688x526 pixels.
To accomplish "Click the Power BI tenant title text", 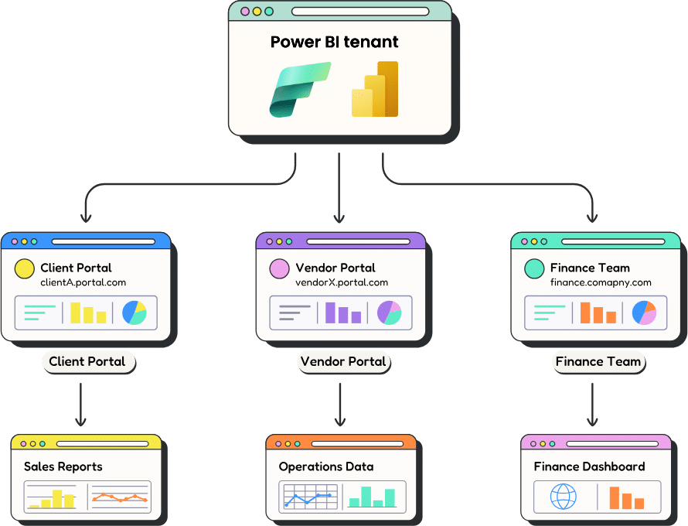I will pyautogui.click(x=334, y=42).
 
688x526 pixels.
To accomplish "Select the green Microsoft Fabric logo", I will pyautogui.click(x=299, y=90).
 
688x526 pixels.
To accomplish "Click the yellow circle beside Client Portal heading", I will pyautogui.click(x=24, y=268).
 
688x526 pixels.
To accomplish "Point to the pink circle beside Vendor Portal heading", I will pyautogui.click(x=279, y=268).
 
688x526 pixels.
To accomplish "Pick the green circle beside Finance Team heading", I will pyautogui.click(x=534, y=268).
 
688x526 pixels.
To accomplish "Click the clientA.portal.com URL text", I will pyautogui.click(x=83, y=283).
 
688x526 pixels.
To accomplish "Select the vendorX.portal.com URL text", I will pyautogui.click(x=342, y=283).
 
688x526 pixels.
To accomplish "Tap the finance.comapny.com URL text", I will pyautogui.click(x=601, y=283).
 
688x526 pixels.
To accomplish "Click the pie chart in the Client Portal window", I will pyautogui.click(x=135, y=313).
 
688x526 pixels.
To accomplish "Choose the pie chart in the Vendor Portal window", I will pyautogui.click(x=389, y=313).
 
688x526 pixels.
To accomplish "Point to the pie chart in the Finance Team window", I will pyautogui.click(x=644, y=313).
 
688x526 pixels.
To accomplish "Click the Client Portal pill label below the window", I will pyautogui.click(x=87, y=361).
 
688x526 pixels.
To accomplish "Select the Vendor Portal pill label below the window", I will pyautogui.click(x=343, y=361).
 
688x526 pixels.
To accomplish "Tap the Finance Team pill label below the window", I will pyautogui.click(x=598, y=361).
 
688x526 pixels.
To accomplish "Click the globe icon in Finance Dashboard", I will pyautogui.click(x=563, y=497).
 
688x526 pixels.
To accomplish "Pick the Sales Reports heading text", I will pyautogui.click(x=63, y=466).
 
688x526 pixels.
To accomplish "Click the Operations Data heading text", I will pyautogui.click(x=326, y=466).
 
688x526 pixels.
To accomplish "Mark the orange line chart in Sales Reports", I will pyautogui.click(x=120, y=497).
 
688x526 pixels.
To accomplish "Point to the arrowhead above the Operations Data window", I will pyautogui.click(x=339, y=422).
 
